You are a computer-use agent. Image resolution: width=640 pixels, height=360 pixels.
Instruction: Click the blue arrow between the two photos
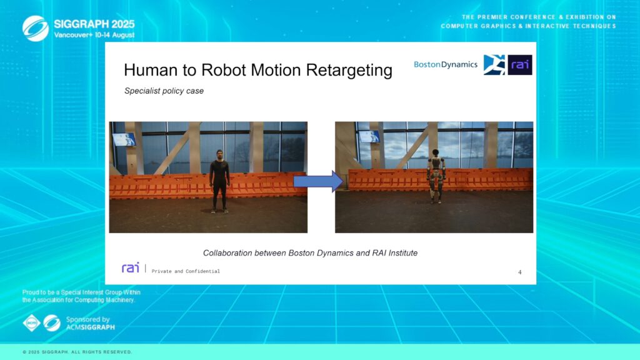(x=318, y=181)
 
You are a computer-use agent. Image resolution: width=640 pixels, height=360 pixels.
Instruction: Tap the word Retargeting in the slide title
(x=349, y=70)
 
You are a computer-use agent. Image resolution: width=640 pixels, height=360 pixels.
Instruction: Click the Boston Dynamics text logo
(x=445, y=64)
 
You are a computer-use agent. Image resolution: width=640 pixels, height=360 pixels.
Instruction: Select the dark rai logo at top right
(x=519, y=65)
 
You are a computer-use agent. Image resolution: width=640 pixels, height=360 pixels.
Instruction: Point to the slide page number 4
(x=519, y=272)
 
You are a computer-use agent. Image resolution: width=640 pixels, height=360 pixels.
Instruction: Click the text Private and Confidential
(x=186, y=271)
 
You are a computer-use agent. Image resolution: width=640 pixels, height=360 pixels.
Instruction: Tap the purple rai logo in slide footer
(x=130, y=267)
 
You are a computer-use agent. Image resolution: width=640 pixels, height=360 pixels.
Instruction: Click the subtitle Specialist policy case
(x=164, y=91)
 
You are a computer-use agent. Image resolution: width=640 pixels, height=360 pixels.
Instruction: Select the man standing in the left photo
(x=219, y=181)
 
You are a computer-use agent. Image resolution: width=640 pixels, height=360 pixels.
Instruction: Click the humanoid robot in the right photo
(x=436, y=176)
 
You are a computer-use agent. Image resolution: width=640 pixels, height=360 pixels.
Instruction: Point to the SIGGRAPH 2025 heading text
(x=94, y=24)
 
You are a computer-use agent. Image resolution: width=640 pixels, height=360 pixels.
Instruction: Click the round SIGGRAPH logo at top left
(x=36, y=28)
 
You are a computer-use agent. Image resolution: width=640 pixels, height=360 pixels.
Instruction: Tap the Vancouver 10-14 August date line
(x=94, y=35)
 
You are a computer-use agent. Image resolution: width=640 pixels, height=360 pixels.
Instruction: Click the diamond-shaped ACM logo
(x=31, y=323)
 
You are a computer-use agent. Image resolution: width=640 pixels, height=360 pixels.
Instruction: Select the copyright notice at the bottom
(x=77, y=352)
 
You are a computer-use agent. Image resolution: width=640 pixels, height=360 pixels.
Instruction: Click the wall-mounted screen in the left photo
(x=124, y=139)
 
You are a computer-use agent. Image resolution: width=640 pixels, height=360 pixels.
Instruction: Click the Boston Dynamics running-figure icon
(x=494, y=65)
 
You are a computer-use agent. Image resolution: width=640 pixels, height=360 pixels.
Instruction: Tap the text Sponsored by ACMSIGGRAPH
(x=90, y=323)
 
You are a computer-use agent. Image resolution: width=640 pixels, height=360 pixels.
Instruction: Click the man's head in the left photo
(x=219, y=155)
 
